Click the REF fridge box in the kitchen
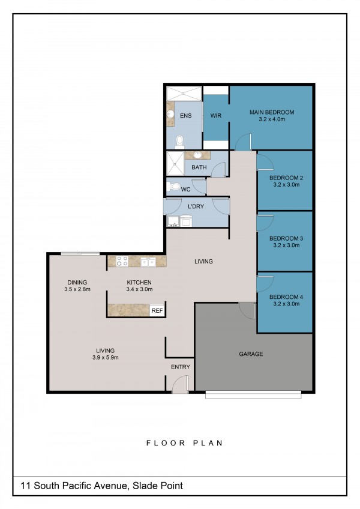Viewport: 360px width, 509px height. [157, 311]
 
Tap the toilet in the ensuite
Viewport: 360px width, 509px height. [179, 141]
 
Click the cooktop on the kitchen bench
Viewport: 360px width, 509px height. [122, 261]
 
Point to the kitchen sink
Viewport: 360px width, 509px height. [148, 262]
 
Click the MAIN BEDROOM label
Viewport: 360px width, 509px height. [272, 112]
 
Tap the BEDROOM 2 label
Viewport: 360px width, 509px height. [286, 178]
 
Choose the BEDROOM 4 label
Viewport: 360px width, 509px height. [286, 297]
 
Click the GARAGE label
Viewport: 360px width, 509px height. [251, 354]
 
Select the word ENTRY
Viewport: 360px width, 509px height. [181, 367]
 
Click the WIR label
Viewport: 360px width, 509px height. [216, 116]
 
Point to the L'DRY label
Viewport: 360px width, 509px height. [196, 206]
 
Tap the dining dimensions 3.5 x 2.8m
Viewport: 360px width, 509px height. [77, 289]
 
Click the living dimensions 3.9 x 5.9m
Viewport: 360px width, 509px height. [106, 358]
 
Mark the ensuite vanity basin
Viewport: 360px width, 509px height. [170, 114]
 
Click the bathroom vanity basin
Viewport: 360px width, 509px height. [197, 155]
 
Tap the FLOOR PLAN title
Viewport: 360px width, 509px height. [184, 443]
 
